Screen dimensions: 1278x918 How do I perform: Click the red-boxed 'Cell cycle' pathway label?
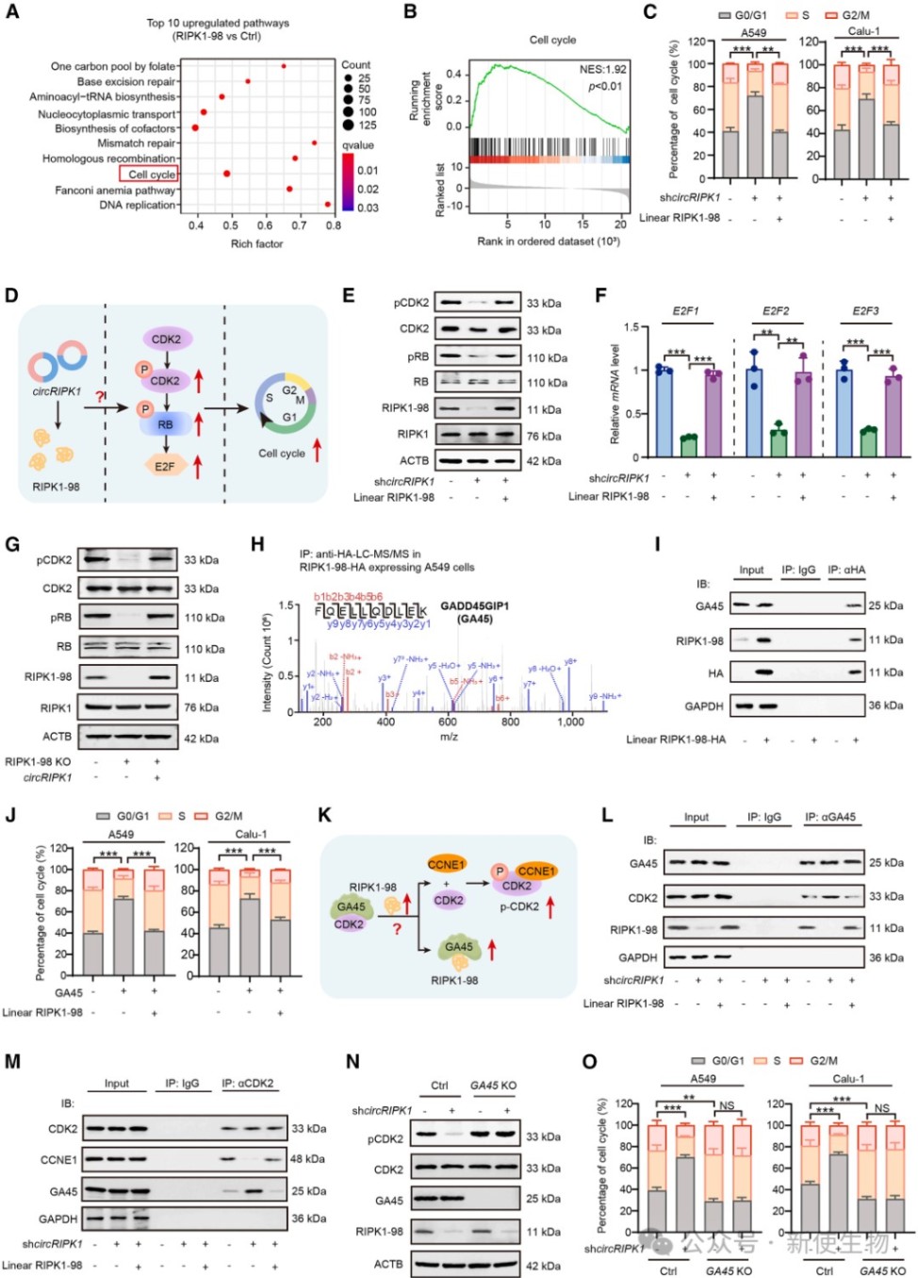(x=149, y=174)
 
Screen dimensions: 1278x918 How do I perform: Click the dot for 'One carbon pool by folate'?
(x=284, y=66)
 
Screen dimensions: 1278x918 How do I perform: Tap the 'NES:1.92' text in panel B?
(x=602, y=69)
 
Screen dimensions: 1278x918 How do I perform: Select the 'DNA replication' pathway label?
(x=138, y=205)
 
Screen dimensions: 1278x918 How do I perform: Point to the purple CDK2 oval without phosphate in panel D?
(x=166, y=339)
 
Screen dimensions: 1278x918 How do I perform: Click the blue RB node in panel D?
(x=165, y=424)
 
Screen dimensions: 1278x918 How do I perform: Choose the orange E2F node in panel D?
(x=165, y=466)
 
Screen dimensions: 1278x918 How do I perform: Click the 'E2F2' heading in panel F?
(x=776, y=310)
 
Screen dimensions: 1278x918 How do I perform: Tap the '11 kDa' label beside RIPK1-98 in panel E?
(x=544, y=409)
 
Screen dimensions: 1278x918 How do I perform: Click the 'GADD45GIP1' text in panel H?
(x=474, y=606)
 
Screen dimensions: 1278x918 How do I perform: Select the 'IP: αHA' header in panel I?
(x=846, y=570)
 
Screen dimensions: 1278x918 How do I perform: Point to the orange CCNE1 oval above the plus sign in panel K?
(x=446, y=864)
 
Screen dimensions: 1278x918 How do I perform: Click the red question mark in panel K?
(x=397, y=929)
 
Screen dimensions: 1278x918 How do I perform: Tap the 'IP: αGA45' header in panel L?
(x=830, y=817)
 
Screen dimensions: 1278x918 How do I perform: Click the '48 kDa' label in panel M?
(x=308, y=1158)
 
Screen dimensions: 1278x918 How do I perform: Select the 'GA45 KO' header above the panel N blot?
(x=493, y=1086)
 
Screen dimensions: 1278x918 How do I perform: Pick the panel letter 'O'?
(x=589, y=1062)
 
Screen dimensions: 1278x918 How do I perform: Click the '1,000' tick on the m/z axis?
(x=570, y=722)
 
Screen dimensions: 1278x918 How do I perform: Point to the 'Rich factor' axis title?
(x=256, y=243)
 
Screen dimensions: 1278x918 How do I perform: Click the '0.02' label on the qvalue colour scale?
(x=368, y=189)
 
